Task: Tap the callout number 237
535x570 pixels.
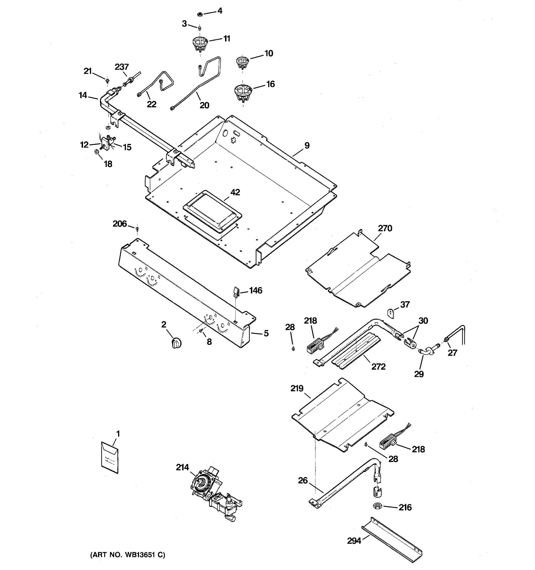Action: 122,67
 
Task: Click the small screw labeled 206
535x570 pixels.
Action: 137,228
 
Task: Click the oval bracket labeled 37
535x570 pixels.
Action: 391,313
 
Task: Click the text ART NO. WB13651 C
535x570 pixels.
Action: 128,555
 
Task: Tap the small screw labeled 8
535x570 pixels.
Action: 201,331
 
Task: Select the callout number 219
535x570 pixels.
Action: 297,388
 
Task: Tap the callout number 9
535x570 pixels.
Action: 307,145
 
